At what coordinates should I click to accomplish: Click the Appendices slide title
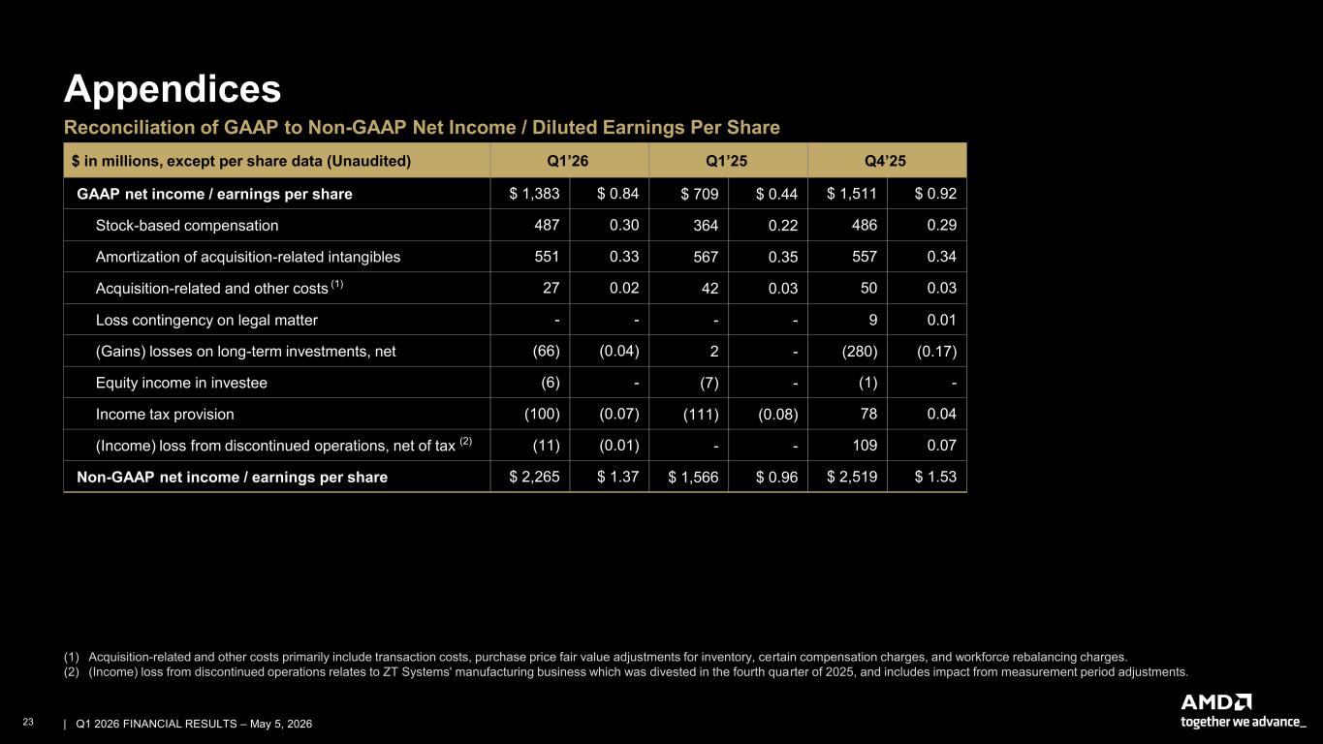click(x=173, y=90)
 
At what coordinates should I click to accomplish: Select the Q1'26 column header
click(x=568, y=161)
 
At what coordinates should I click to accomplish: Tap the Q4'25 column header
click(x=885, y=161)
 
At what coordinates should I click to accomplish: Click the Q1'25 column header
click(x=727, y=161)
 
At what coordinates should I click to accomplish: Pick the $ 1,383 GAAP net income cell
click(x=534, y=194)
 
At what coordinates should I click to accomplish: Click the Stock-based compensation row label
click(x=187, y=226)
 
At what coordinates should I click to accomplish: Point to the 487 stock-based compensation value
click(x=547, y=225)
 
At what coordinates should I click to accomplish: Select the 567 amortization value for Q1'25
click(x=706, y=257)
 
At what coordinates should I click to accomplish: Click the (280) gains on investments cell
click(x=860, y=352)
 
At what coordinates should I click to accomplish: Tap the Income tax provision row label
click(x=165, y=415)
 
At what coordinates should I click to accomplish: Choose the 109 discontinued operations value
click(x=865, y=446)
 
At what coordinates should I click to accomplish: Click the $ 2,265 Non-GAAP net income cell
click(x=534, y=477)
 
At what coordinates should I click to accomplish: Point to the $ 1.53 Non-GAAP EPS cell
click(x=935, y=477)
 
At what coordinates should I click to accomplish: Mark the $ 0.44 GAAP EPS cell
click(x=776, y=194)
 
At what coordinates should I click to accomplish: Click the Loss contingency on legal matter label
click(x=206, y=320)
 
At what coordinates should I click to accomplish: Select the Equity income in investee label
click(x=181, y=383)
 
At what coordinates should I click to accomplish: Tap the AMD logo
click(x=1216, y=702)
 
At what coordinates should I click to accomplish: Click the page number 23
click(x=28, y=722)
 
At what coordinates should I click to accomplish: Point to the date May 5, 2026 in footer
click(x=281, y=724)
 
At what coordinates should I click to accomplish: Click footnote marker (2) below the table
click(x=72, y=672)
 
